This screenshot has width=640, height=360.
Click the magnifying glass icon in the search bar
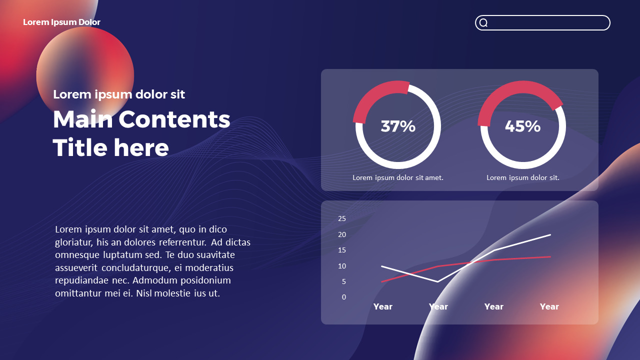[x=483, y=23]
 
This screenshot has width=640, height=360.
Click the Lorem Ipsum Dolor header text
[x=61, y=22]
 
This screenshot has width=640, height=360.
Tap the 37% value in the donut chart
[x=398, y=126]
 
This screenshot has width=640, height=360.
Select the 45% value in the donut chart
[x=522, y=126]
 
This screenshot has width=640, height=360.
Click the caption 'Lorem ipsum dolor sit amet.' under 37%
[x=398, y=177]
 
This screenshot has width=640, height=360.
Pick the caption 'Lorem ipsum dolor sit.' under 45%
[x=523, y=177]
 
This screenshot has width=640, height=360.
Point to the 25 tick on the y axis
[x=342, y=218]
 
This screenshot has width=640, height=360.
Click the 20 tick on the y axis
[x=342, y=234]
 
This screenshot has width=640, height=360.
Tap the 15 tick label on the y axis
[x=342, y=250]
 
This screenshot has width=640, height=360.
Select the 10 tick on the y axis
[x=342, y=266]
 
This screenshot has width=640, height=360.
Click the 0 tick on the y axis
[x=343, y=297]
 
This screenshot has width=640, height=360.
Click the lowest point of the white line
[x=438, y=282]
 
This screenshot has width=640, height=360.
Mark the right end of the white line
[x=550, y=234]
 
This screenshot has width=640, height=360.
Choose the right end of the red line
[x=550, y=257]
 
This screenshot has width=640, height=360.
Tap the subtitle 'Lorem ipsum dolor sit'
[x=119, y=94]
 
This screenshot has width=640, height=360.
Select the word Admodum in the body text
[x=152, y=280]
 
